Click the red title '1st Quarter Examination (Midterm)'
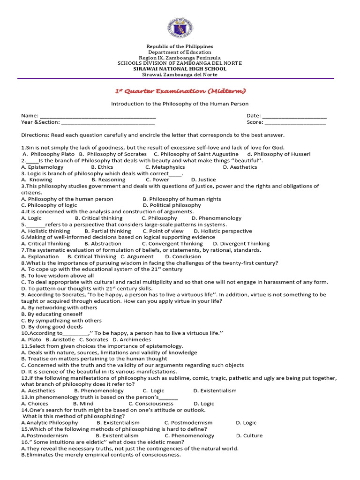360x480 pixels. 180,91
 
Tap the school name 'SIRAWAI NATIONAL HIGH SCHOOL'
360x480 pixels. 180,68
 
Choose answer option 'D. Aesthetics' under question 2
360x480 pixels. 240,167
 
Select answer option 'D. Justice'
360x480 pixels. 203,180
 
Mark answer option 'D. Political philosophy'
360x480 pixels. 172,205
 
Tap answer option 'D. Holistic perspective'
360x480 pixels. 223,231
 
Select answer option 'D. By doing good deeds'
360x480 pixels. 45,327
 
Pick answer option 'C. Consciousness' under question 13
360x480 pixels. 151,404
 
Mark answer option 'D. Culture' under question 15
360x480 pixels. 249,435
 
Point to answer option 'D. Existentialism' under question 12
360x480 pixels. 215,391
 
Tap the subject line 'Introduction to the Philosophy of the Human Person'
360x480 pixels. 180,104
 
